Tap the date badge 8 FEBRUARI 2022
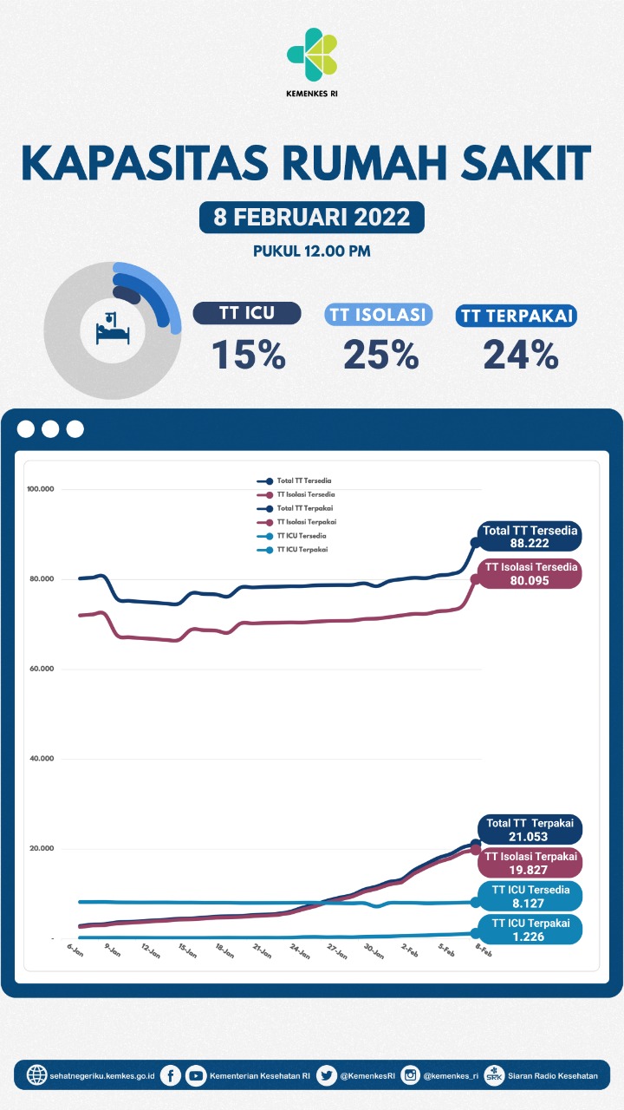point(312,216)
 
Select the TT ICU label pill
point(247,314)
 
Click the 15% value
point(249,354)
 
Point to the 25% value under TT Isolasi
point(380,354)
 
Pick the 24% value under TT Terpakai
point(520,354)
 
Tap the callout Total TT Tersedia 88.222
point(530,538)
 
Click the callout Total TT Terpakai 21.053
point(529,829)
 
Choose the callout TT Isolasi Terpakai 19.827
point(530,862)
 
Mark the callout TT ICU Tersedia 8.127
point(530,896)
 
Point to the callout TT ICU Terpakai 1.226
point(530,930)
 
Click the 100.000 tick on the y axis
point(41,489)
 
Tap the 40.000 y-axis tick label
point(41,759)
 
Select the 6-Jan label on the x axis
point(75,950)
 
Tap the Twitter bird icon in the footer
point(327,1075)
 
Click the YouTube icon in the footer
point(197,1075)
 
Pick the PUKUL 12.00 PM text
point(312,251)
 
